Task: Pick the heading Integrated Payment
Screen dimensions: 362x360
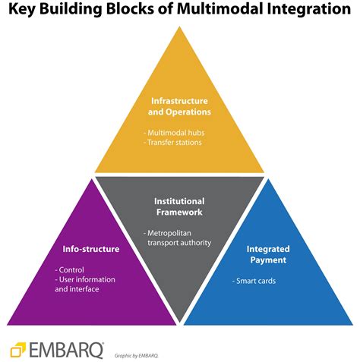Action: (x=268, y=254)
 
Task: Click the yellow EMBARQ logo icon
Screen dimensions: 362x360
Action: (x=19, y=350)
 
